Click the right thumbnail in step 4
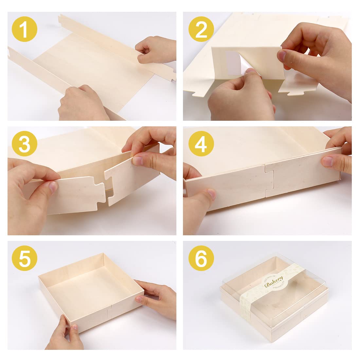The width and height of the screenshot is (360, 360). point(328,161)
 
